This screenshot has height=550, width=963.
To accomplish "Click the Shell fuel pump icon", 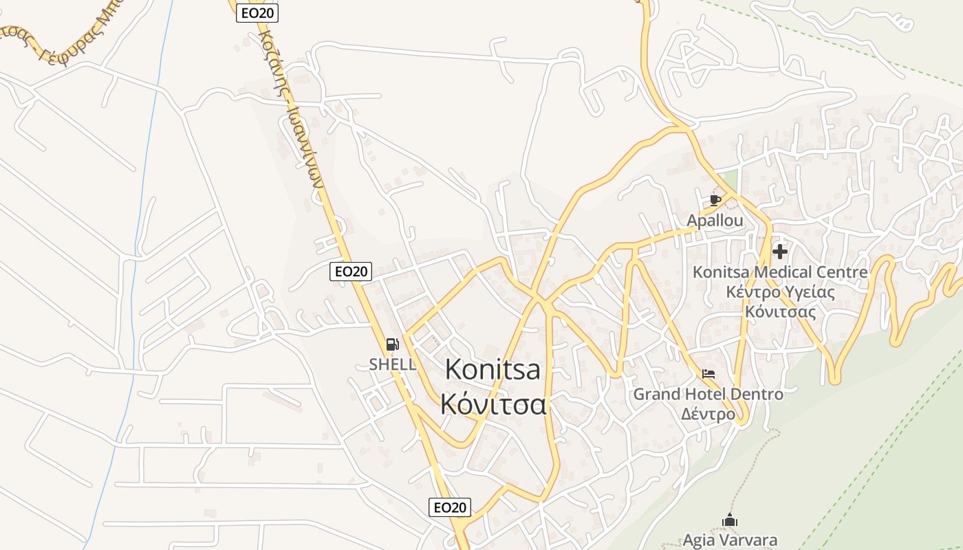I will (x=392, y=344).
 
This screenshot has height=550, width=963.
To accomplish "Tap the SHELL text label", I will (x=393, y=364).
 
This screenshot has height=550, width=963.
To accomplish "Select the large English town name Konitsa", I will (x=493, y=370).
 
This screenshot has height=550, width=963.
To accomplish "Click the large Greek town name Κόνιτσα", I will (x=493, y=404).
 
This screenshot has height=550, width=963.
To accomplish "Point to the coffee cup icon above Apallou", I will (x=715, y=200).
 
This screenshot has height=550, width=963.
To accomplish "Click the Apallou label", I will (x=715, y=221).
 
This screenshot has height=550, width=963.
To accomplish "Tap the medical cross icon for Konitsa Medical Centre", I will (x=779, y=252).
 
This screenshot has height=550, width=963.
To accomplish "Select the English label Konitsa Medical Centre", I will (x=780, y=272).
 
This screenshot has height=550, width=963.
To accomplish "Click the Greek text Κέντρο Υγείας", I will (x=780, y=292).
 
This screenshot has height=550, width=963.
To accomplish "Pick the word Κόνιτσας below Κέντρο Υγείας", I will (x=780, y=312).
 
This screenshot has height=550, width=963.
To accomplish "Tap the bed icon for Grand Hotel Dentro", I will (x=708, y=375).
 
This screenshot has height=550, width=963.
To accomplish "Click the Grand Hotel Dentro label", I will (x=708, y=395).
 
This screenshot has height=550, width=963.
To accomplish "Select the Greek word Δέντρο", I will (x=708, y=415).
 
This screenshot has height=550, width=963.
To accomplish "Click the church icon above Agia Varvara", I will (x=730, y=520).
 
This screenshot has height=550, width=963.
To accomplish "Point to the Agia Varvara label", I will (x=730, y=540).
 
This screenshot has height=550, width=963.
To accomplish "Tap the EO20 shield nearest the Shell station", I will (x=351, y=272).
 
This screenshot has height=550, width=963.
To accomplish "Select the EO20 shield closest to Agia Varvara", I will (x=450, y=507).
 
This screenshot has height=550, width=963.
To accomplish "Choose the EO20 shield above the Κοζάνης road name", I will (x=257, y=12).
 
